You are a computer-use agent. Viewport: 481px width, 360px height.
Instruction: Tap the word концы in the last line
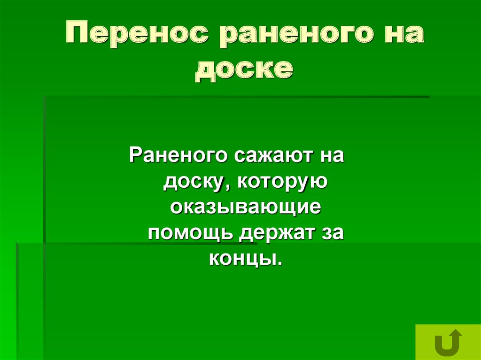(x=242, y=258)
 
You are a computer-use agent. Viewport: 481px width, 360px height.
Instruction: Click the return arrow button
(x=448, y=342)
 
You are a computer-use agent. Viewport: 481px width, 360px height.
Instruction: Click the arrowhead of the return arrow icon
(x=455, y=334)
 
